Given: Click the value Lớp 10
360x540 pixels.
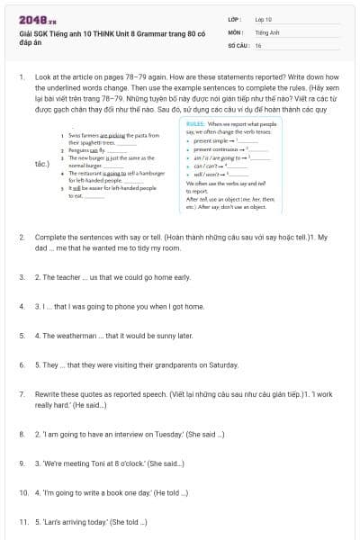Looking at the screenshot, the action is [264, 18].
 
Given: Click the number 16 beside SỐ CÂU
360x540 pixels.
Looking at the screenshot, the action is [258, 44].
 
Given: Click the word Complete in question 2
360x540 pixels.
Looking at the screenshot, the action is [50, 236].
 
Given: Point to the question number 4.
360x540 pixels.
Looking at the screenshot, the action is [22, 306].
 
